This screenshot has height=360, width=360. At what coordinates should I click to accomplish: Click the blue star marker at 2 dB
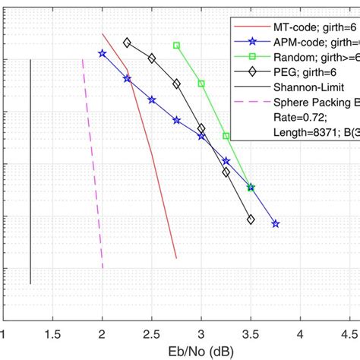tap(103, 53)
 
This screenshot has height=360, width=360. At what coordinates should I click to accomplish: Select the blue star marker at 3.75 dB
tap(275, 224)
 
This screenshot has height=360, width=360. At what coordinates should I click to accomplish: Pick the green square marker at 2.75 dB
tap(176, 46)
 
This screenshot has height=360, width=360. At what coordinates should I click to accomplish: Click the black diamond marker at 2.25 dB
tap(127, 43)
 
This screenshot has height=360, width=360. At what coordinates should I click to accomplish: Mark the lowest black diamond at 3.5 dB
tap(251, 219)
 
